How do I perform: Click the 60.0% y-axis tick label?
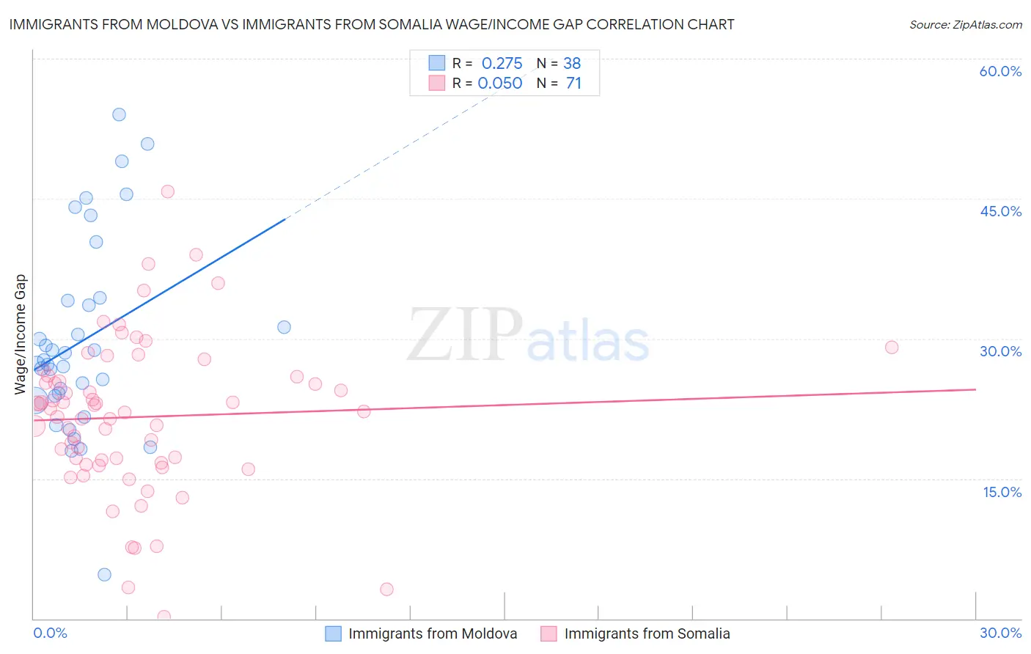tap(1000, 71)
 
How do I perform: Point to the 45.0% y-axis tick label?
tap(1000, 211)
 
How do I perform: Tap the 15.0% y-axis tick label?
tap(1002, 492)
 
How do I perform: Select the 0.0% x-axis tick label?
tap(50, 633)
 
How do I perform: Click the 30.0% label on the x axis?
tap(1000, 633)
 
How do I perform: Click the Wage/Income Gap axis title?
tap(21, 334)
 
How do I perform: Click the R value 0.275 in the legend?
tap(502, 63)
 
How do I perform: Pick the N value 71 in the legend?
tap(573, 83)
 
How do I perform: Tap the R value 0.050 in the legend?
tap(500, 83)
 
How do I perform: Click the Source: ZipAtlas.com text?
tap(965, 25)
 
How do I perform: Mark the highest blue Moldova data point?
tap(119, 114)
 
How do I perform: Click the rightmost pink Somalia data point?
tap(892, 348)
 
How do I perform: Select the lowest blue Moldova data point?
tap(104, 575)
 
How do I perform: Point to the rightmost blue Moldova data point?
tap(284, 327)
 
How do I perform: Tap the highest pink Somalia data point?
tap(167, 191)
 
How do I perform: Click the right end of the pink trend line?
tap(976, 389)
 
